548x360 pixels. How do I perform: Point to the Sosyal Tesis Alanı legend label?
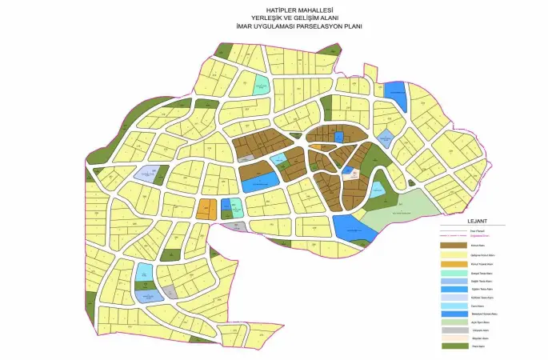tap(481, 274)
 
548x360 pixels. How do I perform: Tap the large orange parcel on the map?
tap(207, 210)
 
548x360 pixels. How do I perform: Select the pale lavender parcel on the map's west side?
tap(146, 174)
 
